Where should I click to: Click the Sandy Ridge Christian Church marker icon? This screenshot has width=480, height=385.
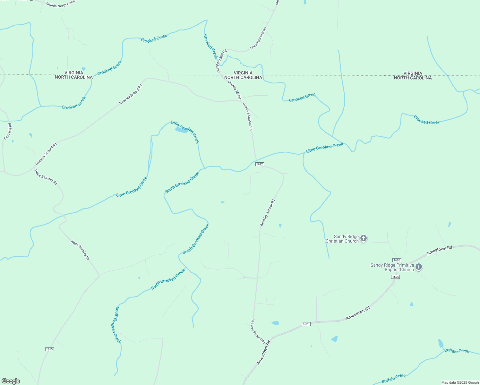363,238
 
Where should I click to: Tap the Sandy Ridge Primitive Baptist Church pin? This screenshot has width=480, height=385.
418,267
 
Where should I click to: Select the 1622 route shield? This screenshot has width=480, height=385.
260,164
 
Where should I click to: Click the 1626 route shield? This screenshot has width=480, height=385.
397,260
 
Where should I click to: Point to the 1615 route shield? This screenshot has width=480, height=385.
49,349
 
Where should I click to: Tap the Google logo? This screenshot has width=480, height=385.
11,381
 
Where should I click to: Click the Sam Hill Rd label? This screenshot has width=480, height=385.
8,131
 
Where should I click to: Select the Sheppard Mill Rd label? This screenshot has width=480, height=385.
258,38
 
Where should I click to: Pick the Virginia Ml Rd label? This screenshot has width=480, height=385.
234,90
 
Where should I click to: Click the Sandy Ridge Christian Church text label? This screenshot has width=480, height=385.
342,239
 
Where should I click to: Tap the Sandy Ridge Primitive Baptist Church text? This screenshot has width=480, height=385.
392,267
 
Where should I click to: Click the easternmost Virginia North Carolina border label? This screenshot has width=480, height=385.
413,75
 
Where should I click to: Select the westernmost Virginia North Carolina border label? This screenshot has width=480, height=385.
74,75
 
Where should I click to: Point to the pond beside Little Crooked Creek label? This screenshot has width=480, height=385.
181,130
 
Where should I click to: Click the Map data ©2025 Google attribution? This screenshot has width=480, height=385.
460,382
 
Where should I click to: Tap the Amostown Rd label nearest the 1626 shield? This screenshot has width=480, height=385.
439,250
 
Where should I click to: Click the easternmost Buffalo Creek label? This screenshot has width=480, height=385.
457,351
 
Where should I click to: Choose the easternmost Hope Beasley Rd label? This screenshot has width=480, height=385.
80,250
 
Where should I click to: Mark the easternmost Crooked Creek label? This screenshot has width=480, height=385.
426,120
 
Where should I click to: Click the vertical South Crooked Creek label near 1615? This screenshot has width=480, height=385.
118,325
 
